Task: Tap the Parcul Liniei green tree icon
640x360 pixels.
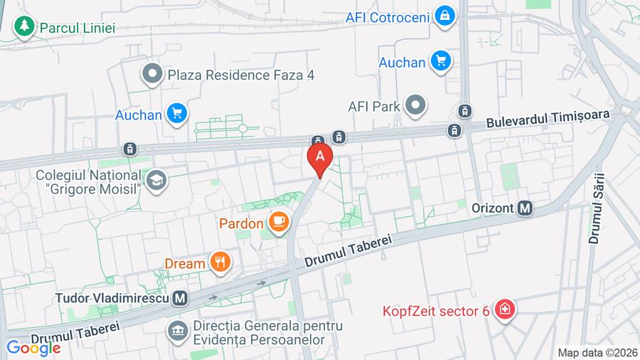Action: pos(25,27)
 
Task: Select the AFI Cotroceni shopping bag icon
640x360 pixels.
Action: pos(445,15)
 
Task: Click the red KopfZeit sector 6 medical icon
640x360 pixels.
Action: pos(506,310)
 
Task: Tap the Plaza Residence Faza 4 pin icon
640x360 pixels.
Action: pos(151,73)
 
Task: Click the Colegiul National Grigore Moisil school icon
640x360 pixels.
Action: pos(156,182)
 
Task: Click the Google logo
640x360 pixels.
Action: pos(33,348)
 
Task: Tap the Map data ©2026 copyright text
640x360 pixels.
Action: pos(597,352)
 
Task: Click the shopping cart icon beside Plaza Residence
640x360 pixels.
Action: pos(176,113)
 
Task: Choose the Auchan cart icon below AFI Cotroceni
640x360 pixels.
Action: pos(442,62)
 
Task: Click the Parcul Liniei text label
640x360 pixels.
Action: pos(78,28)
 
